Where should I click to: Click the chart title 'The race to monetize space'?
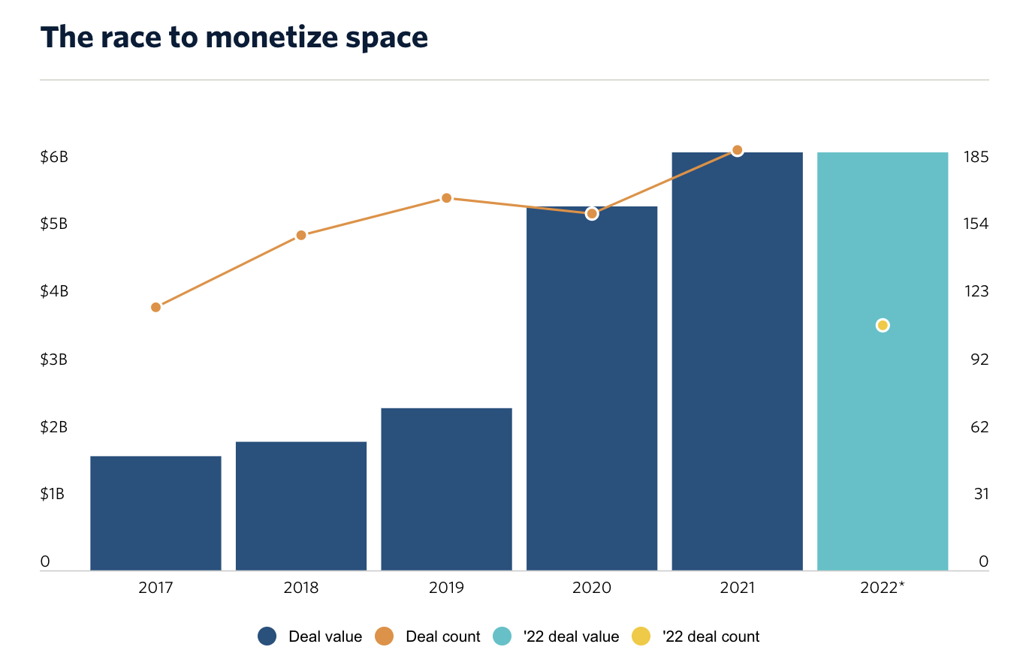tap(234, 37)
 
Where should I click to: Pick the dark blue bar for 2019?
tap(446, 489)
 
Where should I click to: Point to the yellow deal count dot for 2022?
tap(883, 325)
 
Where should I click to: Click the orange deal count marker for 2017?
tap(156, 307)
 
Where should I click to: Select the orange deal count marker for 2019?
tap(446, 198)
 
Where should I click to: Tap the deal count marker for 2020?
tap(592, 214)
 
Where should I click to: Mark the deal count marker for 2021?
tap(737, 150)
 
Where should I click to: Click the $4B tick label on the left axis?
tap(54, 291)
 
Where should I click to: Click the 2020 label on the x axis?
tap(592, 588)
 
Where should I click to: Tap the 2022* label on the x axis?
tap(883, 588)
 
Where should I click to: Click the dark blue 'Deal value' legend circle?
tap(267, 636)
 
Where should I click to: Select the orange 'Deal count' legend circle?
tap(385, 636)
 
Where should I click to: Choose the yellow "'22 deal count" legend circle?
tap(641, 636)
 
